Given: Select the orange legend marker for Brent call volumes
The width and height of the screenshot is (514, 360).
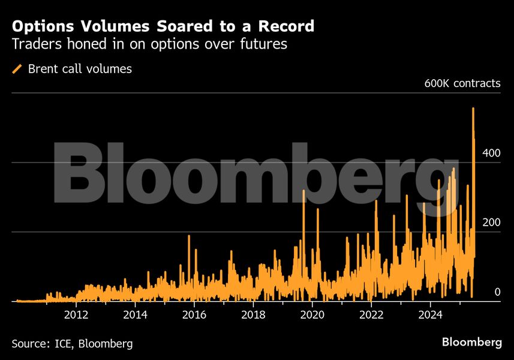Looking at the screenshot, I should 17,69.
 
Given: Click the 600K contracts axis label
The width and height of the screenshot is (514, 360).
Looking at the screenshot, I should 462,83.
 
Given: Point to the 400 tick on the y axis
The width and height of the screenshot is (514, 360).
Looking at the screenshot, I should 491,153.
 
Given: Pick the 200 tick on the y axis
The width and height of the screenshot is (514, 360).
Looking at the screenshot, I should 491,223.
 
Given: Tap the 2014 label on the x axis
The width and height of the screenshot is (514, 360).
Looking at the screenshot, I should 136,314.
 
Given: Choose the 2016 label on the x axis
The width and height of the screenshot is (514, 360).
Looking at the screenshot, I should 195,314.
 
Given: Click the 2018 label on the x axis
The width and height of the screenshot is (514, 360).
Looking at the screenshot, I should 254,314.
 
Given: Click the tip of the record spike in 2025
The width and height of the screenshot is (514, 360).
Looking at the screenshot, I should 473,109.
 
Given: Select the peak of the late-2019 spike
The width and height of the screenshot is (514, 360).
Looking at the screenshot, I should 303,191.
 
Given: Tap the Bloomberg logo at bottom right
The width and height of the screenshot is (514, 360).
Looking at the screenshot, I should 471,343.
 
